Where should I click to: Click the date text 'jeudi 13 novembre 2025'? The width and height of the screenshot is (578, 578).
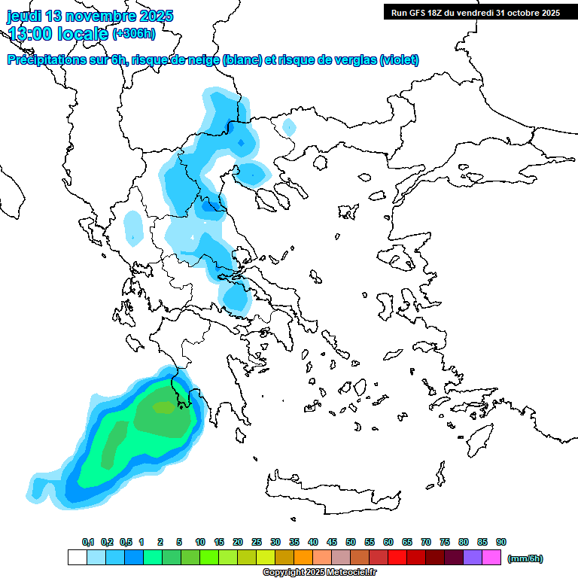point(90,16)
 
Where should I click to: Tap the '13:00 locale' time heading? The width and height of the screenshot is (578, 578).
point(58,33)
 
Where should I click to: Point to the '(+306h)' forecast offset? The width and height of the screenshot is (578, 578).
point(134,33)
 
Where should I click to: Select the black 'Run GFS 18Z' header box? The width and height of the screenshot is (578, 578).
point(475,12)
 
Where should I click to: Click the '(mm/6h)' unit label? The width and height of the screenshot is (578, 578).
point(525,558)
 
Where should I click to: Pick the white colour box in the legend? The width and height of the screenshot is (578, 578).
point(78,558)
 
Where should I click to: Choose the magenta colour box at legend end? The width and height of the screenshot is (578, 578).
point(491,558)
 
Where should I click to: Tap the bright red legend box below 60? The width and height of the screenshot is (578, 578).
point(397,558)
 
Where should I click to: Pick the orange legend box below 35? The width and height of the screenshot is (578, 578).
point(303,558)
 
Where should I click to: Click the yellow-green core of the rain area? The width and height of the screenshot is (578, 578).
point(163,407)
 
